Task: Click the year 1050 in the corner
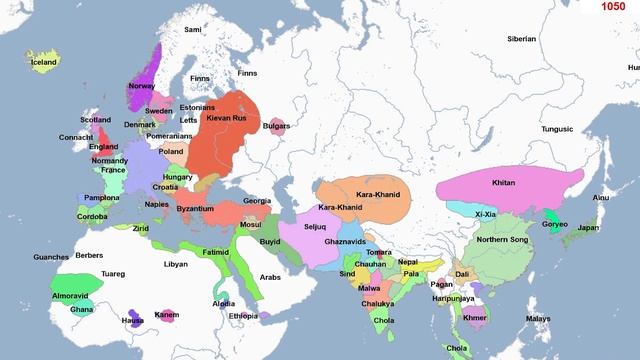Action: [614, 8]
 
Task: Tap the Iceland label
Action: [44, 61]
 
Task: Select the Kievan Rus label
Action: [226, 118]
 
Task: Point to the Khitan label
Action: [506, 183]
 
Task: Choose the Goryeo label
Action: [555, 226]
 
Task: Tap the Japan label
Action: [588, 228]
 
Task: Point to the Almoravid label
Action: [73, 297]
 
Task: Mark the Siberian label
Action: [522, 39]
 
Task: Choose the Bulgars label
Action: [276, 126]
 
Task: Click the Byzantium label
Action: [195, 208]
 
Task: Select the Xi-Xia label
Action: [485, 214]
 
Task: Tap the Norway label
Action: [141, 86]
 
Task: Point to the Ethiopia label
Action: [243, 315]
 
